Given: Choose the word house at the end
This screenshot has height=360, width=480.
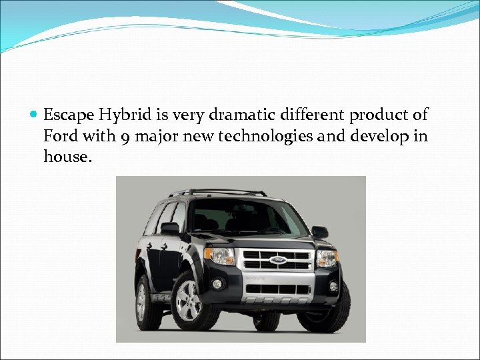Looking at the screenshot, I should [65, 158].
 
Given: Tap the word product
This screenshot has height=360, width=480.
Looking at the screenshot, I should [379, 115].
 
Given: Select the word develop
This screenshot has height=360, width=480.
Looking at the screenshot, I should [378, 137].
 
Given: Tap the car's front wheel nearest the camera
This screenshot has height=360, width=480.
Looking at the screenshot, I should [189, 301].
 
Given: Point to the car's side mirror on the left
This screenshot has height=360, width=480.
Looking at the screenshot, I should [171, 228].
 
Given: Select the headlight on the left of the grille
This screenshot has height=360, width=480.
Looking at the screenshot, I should [221, 255].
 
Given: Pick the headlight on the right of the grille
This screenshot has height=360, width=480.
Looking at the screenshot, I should [327, 256].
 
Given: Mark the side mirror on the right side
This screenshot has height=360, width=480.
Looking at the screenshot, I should [319, 231].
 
